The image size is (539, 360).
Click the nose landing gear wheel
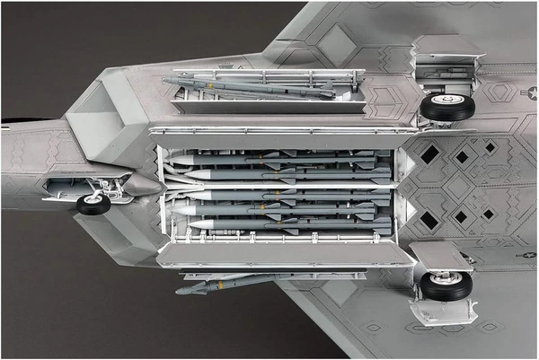pyautogui.click(x=93, y=204)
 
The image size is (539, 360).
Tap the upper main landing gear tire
pyautogui.click(x=446, y=107)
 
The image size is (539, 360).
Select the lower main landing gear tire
pyautogui.click(x=446, y=285)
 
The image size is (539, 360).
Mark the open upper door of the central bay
pyautogui.click(x=269, y=131)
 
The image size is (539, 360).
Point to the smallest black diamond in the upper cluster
pyautogui.click(x=490, y=146)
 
